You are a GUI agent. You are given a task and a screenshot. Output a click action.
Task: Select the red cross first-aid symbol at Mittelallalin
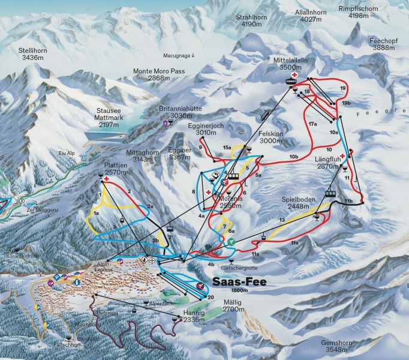pos(294,76)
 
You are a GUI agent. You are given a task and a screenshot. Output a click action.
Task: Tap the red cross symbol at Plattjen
pos(107,179)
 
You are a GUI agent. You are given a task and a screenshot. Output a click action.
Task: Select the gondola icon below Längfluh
pos(329,193)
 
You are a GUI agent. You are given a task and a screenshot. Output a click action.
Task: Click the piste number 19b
pos(346,104)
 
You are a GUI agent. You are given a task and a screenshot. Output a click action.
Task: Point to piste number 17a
pos(312,122)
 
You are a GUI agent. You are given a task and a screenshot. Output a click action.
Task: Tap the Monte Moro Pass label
pos(158,74)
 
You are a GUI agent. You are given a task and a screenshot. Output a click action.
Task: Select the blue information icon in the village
pos(77,282)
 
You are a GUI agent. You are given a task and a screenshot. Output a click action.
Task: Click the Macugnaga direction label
pos(179,56)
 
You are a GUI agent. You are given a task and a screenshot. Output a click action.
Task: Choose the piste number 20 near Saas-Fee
pos(210,297)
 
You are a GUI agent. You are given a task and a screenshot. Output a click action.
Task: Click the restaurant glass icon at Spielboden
pos(317,217)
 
